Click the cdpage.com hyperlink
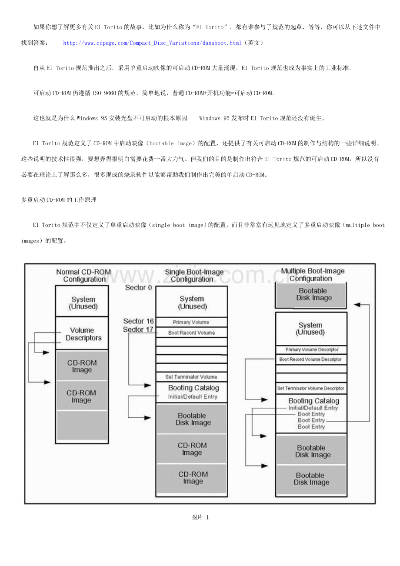152,43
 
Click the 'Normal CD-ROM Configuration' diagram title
84,276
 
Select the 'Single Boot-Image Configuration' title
194,276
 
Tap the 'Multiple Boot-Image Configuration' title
313,275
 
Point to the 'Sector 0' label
138,288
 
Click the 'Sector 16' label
138,321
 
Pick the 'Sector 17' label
138,330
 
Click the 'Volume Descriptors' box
83,334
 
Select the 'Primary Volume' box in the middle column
191,323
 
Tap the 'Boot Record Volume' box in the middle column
191,333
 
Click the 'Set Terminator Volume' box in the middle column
191,377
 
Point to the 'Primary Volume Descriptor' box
311,350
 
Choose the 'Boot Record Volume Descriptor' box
311,360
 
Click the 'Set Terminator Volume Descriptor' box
311,388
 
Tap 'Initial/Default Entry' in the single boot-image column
192,397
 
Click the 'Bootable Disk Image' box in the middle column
191,419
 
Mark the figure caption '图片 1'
200,517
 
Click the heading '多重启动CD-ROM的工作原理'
59,200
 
